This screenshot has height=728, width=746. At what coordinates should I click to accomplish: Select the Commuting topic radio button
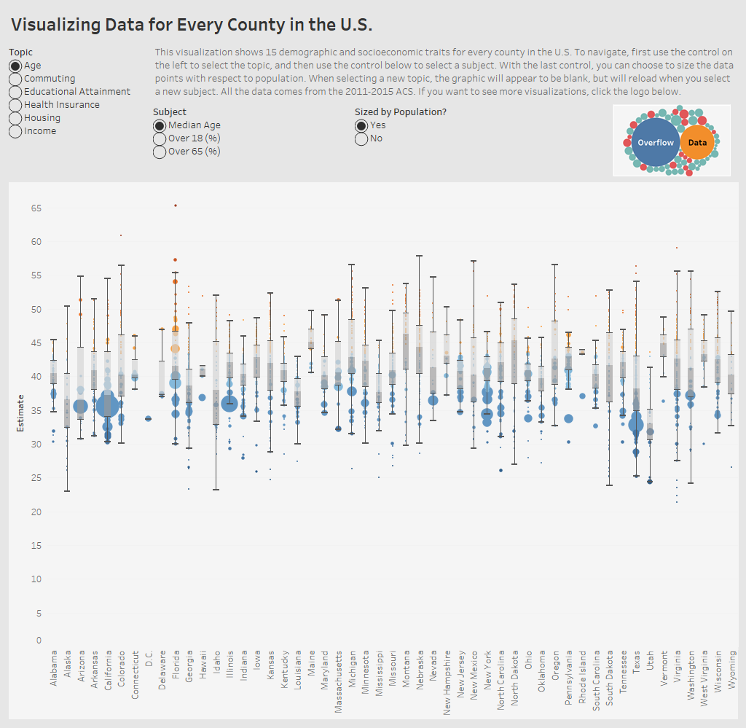(x=15, y=79)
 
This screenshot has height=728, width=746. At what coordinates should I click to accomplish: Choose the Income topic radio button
(x=15, y=131)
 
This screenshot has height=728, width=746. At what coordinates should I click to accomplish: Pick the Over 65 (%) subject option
(x=159, y=152)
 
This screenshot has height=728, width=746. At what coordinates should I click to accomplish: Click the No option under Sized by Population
(x=361, y=138)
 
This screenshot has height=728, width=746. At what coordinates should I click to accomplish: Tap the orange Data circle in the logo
(x=697, y=143)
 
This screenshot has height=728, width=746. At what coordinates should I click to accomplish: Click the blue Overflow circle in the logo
(x=656, y=143)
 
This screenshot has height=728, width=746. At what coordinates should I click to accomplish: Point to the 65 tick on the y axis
(x=36, y=208)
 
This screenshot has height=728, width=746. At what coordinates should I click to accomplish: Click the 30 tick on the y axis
(x=36, y=444)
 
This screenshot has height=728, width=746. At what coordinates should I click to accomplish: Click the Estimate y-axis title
(x=21, y=412)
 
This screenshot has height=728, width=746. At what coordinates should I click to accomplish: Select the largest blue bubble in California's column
(x=107, y=404)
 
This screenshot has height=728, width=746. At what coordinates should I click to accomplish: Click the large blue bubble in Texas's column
(x=636, y=423)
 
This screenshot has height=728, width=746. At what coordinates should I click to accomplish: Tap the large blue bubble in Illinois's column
(x=229, y=404)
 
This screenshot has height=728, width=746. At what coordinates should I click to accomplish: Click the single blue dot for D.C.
(x=149, y=418)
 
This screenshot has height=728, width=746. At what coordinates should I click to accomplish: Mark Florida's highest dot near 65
(x=176, y=206)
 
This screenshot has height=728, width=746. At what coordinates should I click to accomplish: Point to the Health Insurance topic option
(x=15, y=105)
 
